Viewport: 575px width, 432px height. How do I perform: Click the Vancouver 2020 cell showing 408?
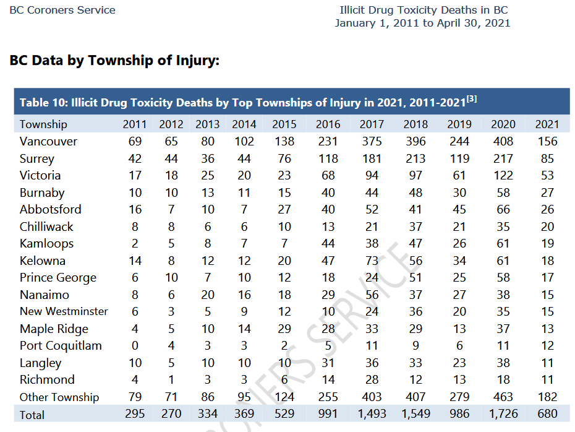point(503,141)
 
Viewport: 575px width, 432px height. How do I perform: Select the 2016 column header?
point(328,124)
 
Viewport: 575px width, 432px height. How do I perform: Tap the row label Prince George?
point(58,278)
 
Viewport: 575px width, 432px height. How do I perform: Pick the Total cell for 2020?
point(503,414)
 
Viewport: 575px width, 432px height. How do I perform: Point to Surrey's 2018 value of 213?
point(415,158)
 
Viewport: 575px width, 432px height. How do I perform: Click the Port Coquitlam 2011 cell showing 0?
point(135,346)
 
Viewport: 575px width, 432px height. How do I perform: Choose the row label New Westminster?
point(64,311)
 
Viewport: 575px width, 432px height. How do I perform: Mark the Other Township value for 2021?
point(547,397)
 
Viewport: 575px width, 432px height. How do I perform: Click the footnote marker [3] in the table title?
point(472,99)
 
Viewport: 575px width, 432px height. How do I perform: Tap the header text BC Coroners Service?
point(62,10)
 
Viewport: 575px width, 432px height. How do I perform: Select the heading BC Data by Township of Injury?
point(114,60)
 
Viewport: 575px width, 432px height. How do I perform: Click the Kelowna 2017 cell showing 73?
point(372,261)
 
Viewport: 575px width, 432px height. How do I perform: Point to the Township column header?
point(43,124)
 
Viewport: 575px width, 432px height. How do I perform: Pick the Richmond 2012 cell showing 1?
point(171,379)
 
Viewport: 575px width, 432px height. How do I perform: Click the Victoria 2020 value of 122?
point(503,175)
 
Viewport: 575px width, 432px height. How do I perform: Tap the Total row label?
point(32,415)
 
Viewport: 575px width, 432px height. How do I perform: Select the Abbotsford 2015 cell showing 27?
point(284,210)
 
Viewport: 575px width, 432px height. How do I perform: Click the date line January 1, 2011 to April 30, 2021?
point(422,23)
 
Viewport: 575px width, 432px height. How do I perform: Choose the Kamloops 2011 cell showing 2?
point(135,244)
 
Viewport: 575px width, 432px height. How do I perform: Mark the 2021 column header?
point(547,124)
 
